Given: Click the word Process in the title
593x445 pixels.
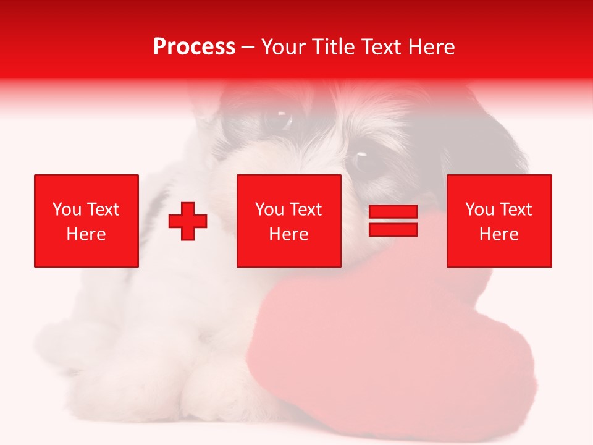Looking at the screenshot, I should (194, 47).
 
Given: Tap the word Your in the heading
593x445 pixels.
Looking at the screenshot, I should (282, 47).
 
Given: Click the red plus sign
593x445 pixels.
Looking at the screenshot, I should (188, 221).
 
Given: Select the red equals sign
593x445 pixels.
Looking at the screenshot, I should (393, 221).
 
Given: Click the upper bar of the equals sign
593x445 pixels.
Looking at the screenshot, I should (393, 213).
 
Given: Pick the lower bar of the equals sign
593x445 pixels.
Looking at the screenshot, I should (393, 230).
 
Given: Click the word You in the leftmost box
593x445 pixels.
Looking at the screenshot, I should (66, 210).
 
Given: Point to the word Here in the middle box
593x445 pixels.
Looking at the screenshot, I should (289, 234).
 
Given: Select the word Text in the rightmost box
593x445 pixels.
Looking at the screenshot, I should (516, 210).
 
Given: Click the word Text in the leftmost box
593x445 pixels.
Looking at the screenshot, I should (103, 210).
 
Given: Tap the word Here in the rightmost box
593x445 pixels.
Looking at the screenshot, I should (499, 234).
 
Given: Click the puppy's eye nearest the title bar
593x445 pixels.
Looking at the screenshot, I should (278, 117).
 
